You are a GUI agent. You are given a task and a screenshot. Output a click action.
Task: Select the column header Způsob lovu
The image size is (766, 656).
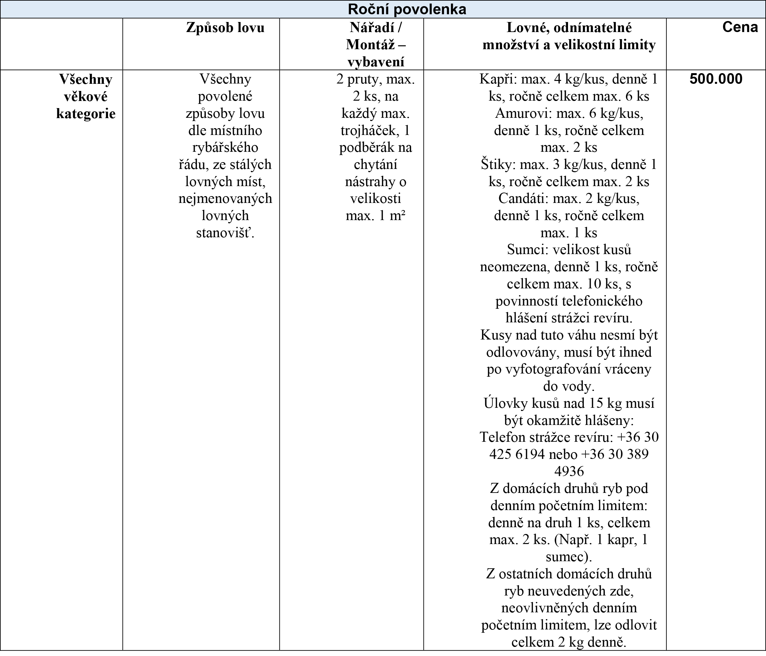click(x=225, y=28)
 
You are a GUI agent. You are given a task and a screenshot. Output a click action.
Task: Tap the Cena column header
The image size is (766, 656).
click(x=740, y=27)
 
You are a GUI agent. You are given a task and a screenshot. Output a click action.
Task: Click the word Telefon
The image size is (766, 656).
click(x=503, y=437)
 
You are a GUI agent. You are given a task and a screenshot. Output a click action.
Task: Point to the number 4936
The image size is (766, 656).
click(x=569, y=472)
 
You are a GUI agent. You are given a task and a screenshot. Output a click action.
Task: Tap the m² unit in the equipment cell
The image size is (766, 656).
click(x=398, y=216)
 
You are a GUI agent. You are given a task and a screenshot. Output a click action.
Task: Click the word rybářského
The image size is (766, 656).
click(x=225, y=148)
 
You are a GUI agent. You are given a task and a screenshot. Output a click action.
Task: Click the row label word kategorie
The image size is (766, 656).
click(x=86, y=113)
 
